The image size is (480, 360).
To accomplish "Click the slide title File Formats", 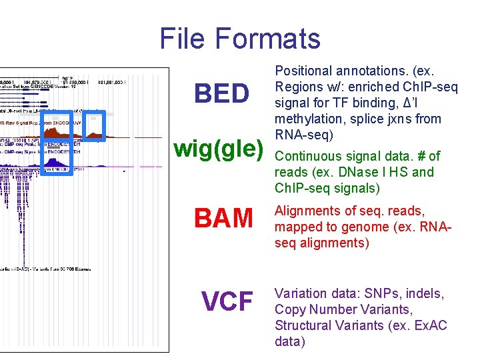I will (240, 38).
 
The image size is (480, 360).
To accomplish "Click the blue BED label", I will (221, 95).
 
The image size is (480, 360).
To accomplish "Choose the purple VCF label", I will (227, 301).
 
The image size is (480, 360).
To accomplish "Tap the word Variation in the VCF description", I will (301, 294).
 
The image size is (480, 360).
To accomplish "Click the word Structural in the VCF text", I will (303, 326).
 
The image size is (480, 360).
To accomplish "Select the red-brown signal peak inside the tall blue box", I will (57, 136).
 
